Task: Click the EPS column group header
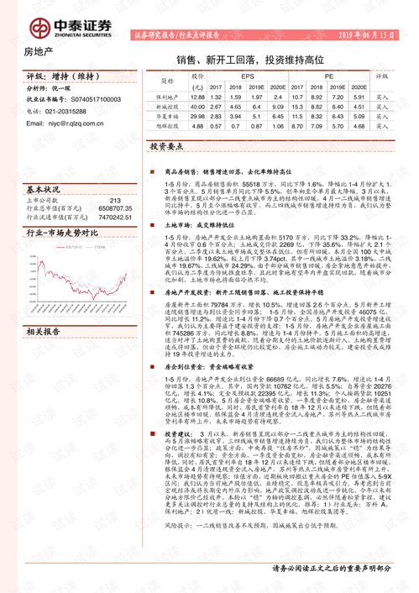click(248, 76)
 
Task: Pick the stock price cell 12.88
click(197, 97)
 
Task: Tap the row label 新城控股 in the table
click(169, 108)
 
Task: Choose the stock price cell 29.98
click(197, 118)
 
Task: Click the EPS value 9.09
click(278, 108)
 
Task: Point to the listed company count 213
click(116, 200)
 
